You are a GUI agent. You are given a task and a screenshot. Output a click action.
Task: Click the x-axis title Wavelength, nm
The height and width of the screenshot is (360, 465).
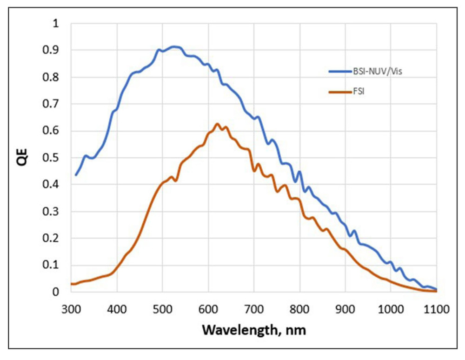pos(254,331)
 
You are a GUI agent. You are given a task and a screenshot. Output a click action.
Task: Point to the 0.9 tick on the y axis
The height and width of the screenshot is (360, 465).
pos(54,50)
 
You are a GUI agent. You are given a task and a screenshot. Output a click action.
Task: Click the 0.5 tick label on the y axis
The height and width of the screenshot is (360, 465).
pos(54,158)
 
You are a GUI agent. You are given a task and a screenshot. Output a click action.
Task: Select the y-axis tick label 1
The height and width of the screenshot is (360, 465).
pos(57,23)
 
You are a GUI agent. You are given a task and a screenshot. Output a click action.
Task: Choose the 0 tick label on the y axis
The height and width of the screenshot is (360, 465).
pos(57,292)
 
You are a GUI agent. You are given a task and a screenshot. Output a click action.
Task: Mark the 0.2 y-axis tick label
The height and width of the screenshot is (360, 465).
pos(54,239)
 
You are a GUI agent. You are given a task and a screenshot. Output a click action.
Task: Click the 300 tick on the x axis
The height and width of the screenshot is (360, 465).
pos(71,308)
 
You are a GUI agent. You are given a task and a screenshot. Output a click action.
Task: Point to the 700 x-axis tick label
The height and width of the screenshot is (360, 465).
pos(254,308)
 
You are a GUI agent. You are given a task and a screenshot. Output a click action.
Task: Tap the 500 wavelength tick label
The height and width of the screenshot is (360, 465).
pos(162,308)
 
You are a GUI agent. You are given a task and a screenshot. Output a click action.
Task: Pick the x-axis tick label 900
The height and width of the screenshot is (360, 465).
pos(345,308)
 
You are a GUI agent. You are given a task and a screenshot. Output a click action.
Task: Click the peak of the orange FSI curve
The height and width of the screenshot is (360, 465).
pos(217,124)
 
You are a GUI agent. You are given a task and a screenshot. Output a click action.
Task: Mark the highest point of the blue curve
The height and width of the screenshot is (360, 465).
pos(174,47)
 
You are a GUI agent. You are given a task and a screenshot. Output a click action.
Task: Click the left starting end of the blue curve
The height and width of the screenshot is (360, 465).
pos(76,175)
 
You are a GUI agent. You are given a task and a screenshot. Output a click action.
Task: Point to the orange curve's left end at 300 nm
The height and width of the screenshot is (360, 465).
pos(71,284)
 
